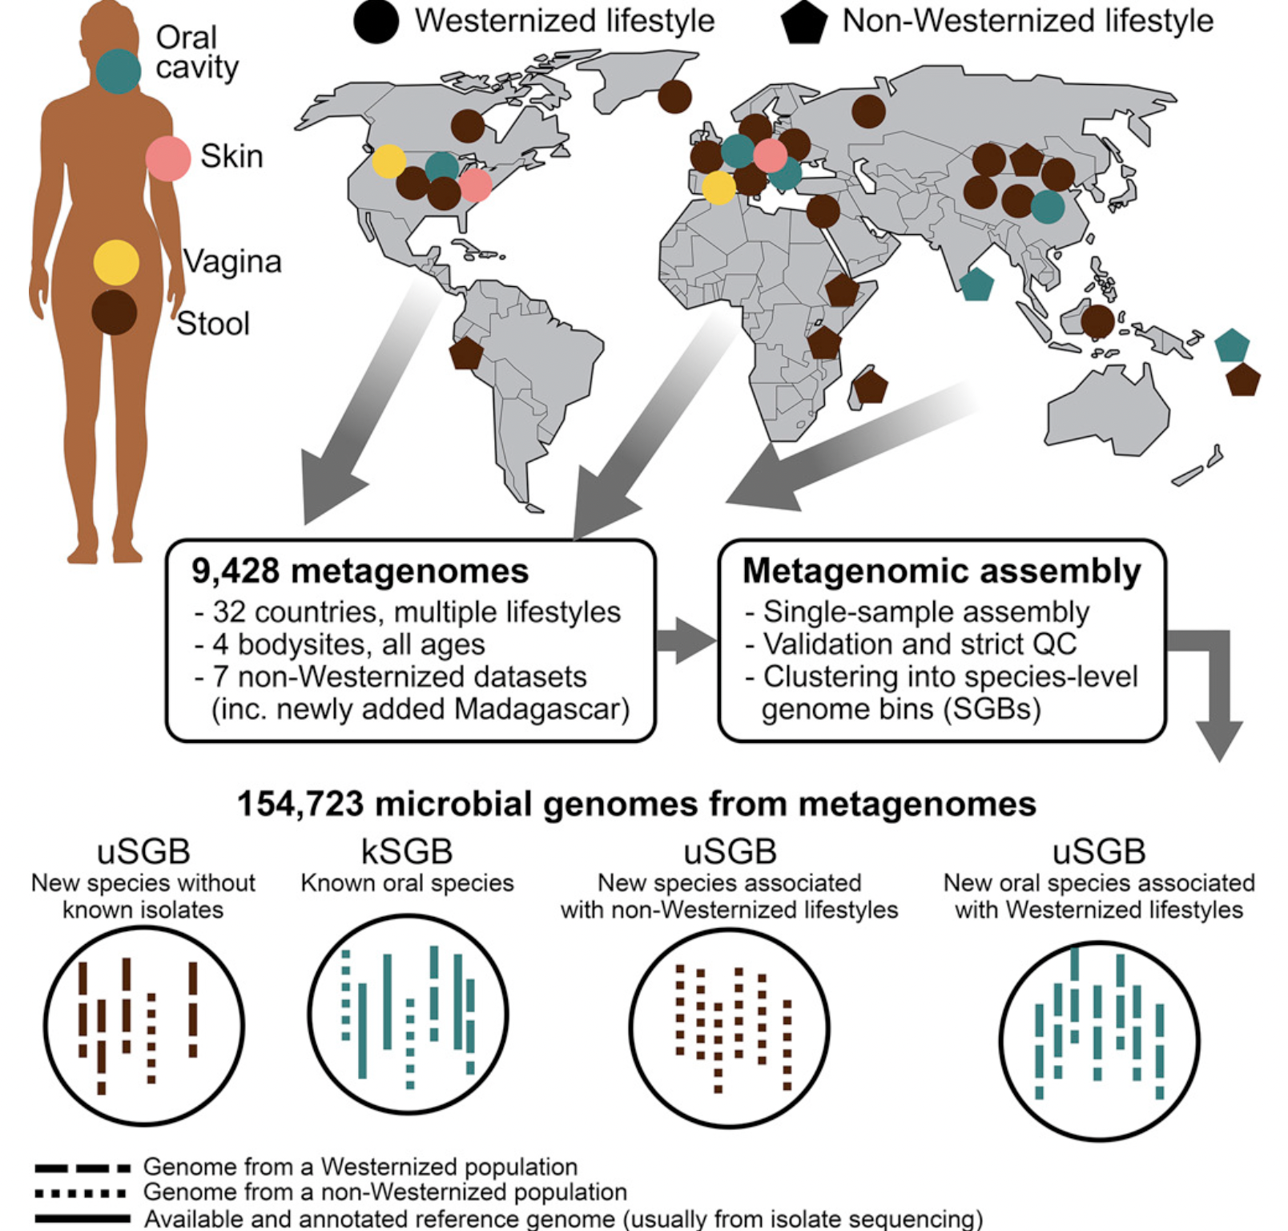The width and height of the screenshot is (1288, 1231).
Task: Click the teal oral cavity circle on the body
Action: pos(119,71)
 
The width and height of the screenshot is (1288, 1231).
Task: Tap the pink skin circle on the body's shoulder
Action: pos(168,158)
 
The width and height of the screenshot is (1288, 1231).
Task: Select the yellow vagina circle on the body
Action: pos(116,262)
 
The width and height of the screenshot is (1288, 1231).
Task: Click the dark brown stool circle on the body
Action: pos(114,313)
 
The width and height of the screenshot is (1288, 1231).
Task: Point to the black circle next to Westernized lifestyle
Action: pos(376,21)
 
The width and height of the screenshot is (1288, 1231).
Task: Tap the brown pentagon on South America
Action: pos(465,353)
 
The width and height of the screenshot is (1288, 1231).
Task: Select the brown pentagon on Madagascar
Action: pos(871,387)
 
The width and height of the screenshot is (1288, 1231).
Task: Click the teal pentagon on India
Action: pos(976,285)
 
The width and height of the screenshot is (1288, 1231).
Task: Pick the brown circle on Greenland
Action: pos(675,96)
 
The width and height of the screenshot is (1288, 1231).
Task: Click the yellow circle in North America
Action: pos(388,161)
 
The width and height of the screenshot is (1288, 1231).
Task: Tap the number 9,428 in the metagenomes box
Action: pos(235,571)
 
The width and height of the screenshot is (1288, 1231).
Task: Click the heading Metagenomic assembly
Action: pos(941,571)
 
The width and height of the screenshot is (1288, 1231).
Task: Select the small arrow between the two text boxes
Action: pos(685,640)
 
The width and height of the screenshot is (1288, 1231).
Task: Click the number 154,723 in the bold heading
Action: pos(300,804)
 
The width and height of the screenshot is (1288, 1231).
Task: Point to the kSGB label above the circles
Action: pos(407,852)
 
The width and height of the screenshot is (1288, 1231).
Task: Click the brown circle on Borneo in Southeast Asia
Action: pos(1097,321)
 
